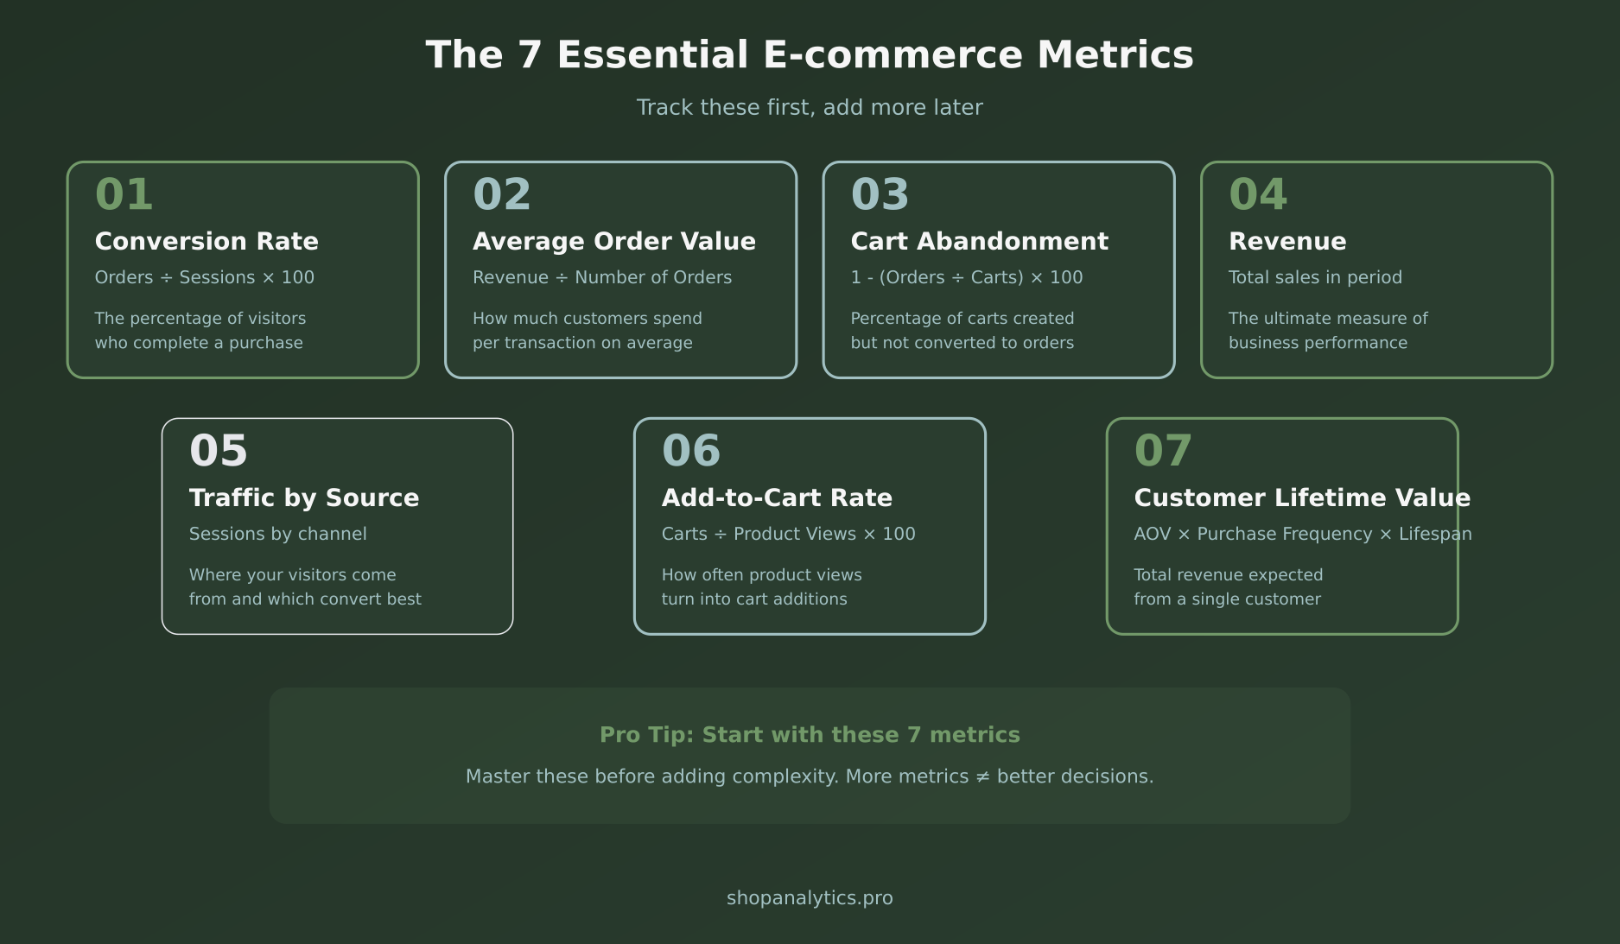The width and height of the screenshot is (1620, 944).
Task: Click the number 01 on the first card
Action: [x=124, y=194]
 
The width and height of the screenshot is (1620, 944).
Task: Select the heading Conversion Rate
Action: [x=206, y=242]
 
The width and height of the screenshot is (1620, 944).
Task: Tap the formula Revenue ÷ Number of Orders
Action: [x=601, y=277]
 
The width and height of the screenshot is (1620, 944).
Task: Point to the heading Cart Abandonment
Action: [x=979, y=242]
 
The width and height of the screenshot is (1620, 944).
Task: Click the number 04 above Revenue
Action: [x=1258, y=194]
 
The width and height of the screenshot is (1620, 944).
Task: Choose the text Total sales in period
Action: [x=1315, y=277]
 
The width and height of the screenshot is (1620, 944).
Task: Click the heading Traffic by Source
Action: [x=303, y=498]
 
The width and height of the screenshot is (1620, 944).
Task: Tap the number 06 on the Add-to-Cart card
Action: [x=690, y=451]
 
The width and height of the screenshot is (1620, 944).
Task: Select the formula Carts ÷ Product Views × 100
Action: [x=788, y=534]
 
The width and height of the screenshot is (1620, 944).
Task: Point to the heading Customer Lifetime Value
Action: [x=1301, y=498]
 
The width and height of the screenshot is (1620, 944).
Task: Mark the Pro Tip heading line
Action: [x=810, y=735]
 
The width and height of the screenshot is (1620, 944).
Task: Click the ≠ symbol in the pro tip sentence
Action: [x=982, y=776]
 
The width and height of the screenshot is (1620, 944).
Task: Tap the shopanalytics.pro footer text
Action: [x=810, y=898]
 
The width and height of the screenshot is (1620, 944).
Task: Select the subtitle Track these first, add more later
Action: [x=810, y=108]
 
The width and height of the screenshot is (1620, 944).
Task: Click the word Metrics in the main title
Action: [x=1115, y=55]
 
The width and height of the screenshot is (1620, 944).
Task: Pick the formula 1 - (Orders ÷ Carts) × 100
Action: [x=966, y=277]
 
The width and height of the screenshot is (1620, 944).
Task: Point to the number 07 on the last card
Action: [x=1163, y=451]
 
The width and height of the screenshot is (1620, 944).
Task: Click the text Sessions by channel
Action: [x=277, y=534]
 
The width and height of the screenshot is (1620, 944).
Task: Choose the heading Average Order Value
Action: [x=613, y=242]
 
